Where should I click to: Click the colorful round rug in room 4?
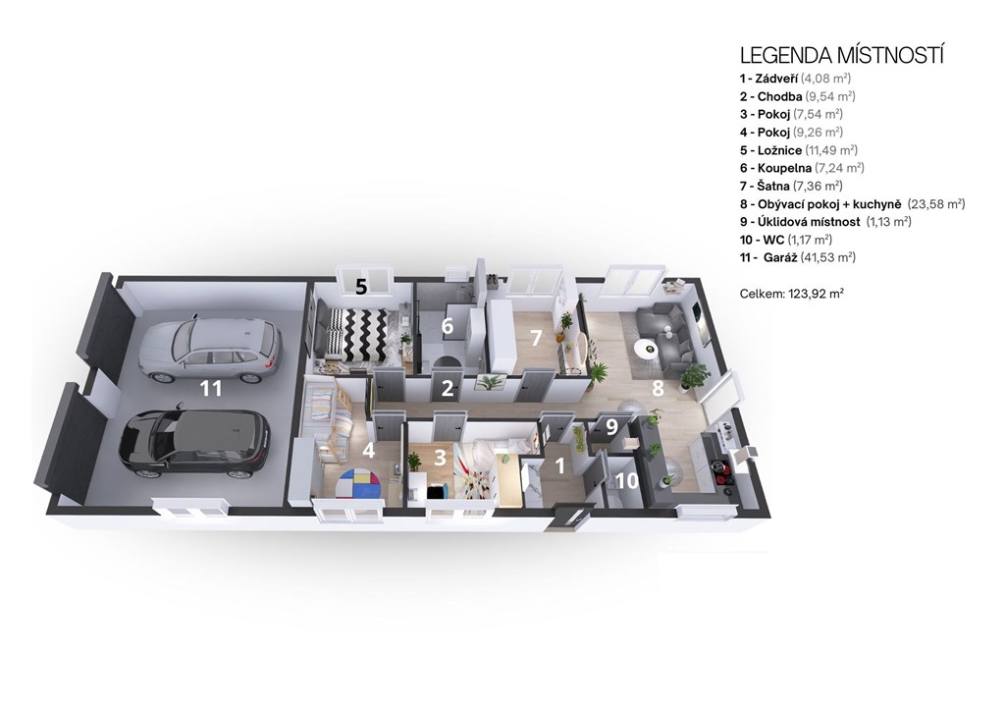pyautogui.click(x=358, y=481)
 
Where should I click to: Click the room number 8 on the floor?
pyautogui.click(x=658, y=388)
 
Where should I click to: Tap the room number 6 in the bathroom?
pyautogui.click(x=448, y=326)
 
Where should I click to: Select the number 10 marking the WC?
pyautogui.click(x=627, y=480)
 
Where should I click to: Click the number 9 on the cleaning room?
pyautogui.click(x=611, y=427)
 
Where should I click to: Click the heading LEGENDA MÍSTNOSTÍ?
pyautogui.click(x=842, y=56)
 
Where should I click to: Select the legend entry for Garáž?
pyautogui.click(x=798, y=257)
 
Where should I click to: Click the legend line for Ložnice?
pyautogui.click(x=799, y=150)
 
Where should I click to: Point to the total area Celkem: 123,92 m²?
pyautogui.click(x=792, y=294)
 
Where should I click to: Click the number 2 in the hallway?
pyautogui.click(x=448, y=388)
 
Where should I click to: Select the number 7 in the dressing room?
pyautogui.click(x=536, y=337)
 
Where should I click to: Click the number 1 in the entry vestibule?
pyautogui.click(x=560, y=465)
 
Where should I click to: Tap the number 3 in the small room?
pyautogui.click(x=440, y=458)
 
